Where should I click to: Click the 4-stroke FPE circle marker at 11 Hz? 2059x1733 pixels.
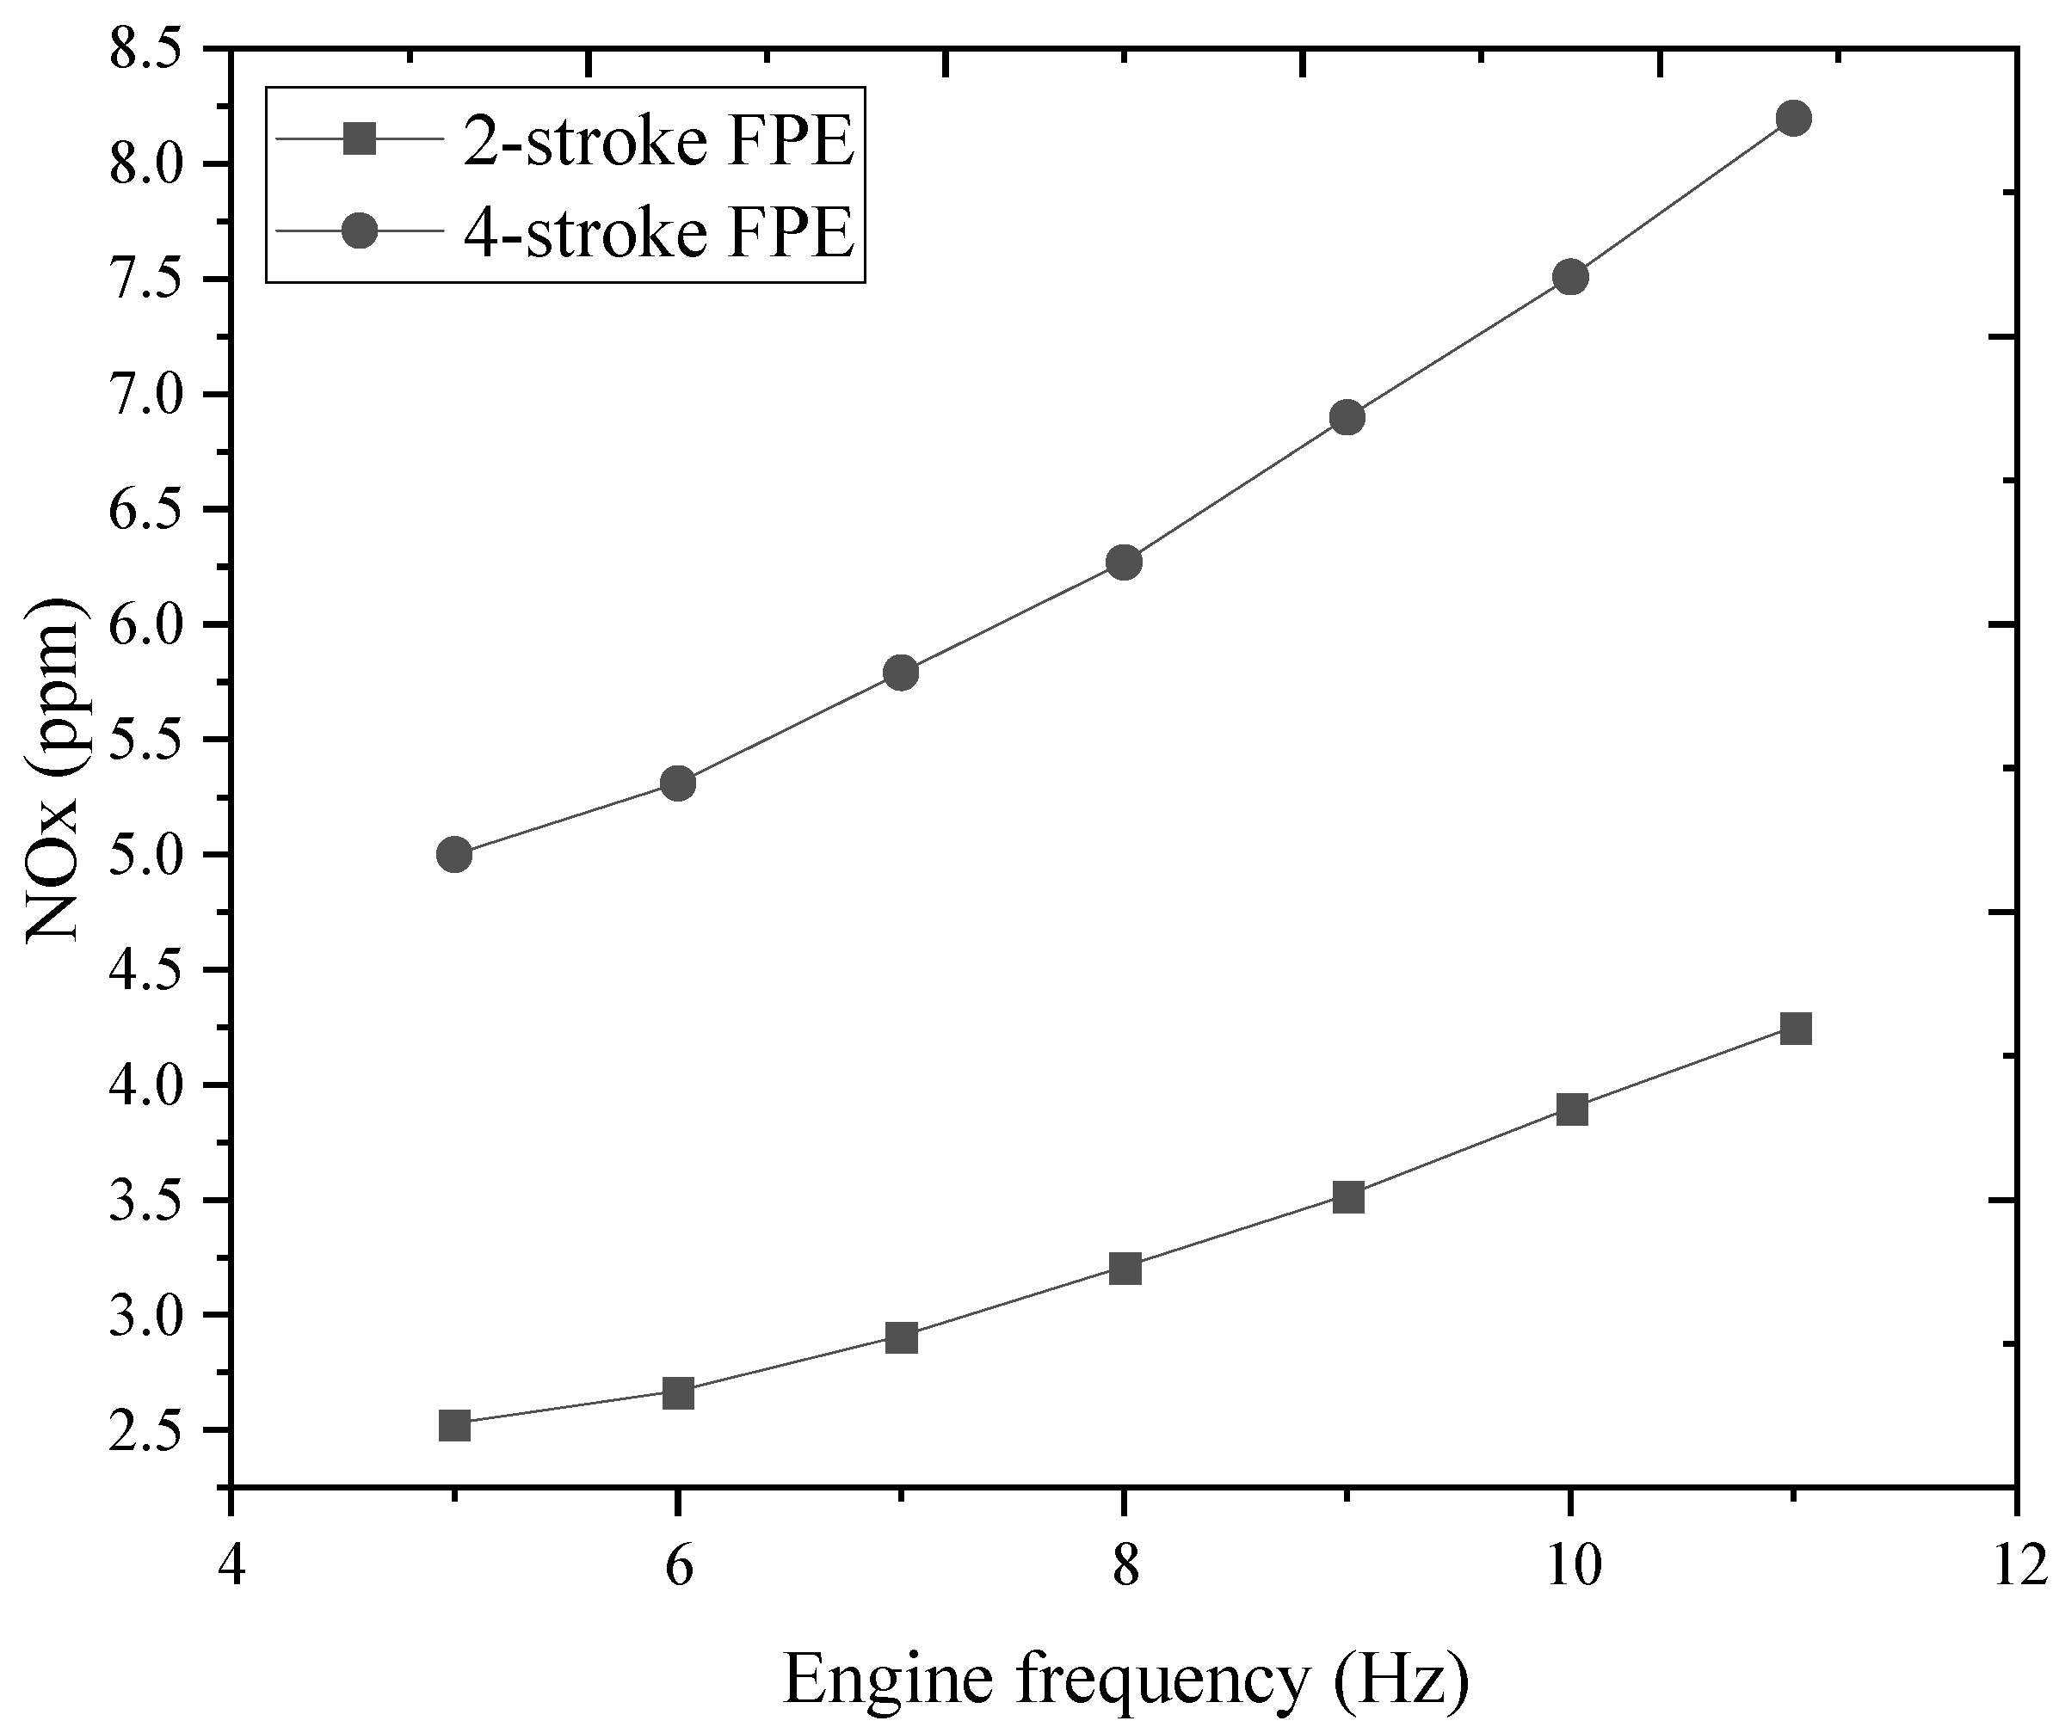pos(1794,119)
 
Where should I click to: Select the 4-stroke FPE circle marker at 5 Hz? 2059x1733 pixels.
pos(453,855)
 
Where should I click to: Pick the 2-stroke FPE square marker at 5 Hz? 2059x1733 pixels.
pos(454,1424)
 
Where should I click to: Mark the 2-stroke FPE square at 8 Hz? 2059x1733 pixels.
pos(1125,1269)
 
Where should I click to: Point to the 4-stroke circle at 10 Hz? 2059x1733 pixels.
pos(1570,277)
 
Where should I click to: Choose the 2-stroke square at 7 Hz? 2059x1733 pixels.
pos(901,1338)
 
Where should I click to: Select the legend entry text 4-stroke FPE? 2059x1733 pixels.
pos(658,233)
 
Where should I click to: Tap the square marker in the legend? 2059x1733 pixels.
pos(361,139)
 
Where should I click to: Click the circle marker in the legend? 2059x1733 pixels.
pos(361,232)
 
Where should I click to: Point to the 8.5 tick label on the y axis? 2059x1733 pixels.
pos(148,49)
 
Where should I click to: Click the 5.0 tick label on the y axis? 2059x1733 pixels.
pos(148,855)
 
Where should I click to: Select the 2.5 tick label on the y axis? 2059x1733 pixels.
pos(148,1430)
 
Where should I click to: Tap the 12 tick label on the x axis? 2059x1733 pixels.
pos(2015,1562)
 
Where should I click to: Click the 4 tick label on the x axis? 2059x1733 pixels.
pos(230,1562)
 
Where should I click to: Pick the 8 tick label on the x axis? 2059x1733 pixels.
pos(1124,1562)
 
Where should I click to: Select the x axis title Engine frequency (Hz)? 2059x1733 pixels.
pos(1125,1677)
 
